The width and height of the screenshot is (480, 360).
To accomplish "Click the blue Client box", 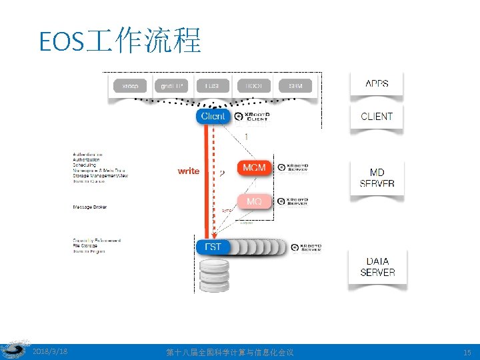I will [213, 116].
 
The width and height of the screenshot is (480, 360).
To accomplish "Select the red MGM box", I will [254, 167].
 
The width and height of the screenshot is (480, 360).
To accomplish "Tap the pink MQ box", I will [254, 201].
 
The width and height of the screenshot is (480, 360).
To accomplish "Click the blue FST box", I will [213, 247].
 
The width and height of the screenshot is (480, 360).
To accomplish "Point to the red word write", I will [188, 171].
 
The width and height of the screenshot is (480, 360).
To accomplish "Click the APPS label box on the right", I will [377, 85].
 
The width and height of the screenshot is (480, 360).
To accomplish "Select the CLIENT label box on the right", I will [377, 117].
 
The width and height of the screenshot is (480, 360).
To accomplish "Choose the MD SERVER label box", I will [377, 178].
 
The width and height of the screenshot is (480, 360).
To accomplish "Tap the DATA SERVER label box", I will [377, 267].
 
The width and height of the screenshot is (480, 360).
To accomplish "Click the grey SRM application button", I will [295, 86].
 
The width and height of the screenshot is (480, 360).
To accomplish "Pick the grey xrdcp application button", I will [130, 86].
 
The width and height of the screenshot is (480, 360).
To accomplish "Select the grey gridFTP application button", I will [171, 86].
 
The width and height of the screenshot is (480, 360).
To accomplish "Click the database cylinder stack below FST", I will [214, 274].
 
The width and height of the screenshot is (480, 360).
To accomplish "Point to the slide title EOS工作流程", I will [120, 41].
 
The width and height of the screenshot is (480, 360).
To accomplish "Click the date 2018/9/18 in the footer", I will [50, 351].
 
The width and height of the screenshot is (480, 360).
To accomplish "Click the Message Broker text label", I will [90, 207].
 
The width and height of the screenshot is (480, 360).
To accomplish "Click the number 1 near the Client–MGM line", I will [247, 136].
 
